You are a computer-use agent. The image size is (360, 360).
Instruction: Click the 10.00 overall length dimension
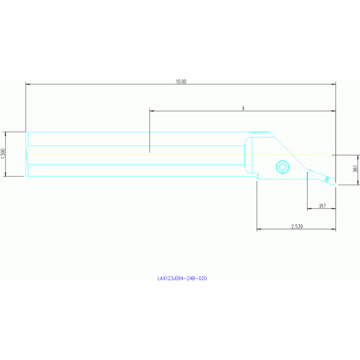(x=181, y=82)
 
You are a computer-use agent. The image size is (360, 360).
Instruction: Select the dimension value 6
(x=244, y=108)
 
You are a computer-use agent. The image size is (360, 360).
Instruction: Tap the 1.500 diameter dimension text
(x=3, y=153)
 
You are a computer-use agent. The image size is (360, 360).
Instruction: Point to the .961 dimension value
(x=355, y=169)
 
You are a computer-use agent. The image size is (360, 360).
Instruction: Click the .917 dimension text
(x=322, y=206)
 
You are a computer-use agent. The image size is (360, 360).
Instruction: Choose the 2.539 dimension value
(x=297, y=226)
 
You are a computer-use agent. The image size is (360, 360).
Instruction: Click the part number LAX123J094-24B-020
(x=182, y=278)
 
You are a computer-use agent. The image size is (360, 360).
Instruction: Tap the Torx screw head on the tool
(x=283, y=167)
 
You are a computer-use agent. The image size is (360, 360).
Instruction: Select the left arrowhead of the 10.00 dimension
(x=28, y=84)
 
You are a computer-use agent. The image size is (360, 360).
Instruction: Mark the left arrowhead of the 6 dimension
(x=152, y=111)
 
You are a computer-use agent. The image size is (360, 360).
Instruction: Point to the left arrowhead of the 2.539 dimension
(x=259, y=229)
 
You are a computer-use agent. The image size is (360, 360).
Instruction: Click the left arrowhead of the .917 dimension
(x=309, y=208)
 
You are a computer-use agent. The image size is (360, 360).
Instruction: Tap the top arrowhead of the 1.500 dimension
(x=6, y=134)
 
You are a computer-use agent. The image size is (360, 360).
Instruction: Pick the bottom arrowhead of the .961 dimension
(x=358, y=182)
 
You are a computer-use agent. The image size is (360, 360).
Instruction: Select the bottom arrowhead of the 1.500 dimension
(x=6, y=174)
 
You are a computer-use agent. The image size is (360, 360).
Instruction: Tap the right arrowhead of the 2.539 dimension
(x=333, y=229)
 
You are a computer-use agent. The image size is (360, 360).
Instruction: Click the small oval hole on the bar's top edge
(x=252, y=132)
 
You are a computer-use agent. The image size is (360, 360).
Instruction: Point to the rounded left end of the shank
(x=26, y=154)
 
